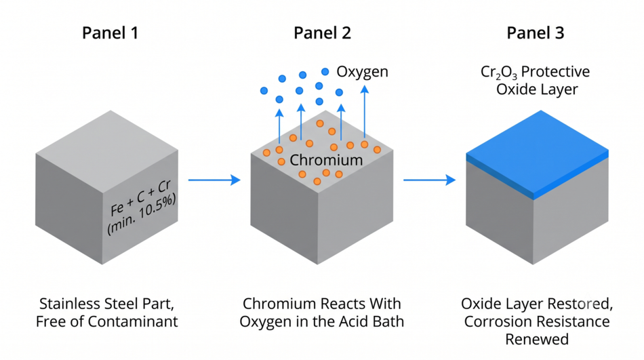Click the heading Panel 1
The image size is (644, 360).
(110, 33)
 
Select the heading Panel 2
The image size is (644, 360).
(323, 33)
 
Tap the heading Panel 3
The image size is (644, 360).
(535, 33)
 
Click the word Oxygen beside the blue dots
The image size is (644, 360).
(362, 72)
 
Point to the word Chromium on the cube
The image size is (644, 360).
(326, 160)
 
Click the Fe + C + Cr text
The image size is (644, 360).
(140, 197)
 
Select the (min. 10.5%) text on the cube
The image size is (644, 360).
(142, 214)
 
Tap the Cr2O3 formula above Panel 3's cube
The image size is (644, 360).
(499, 73)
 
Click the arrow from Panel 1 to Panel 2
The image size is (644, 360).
(214, 180)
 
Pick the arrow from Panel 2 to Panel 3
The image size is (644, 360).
(429, 180)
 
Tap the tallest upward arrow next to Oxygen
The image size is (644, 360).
(364, 111)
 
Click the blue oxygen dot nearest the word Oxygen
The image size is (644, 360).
(325, 71)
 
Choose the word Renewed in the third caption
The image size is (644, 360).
(537, 340)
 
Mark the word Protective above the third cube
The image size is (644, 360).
(556, 72)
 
